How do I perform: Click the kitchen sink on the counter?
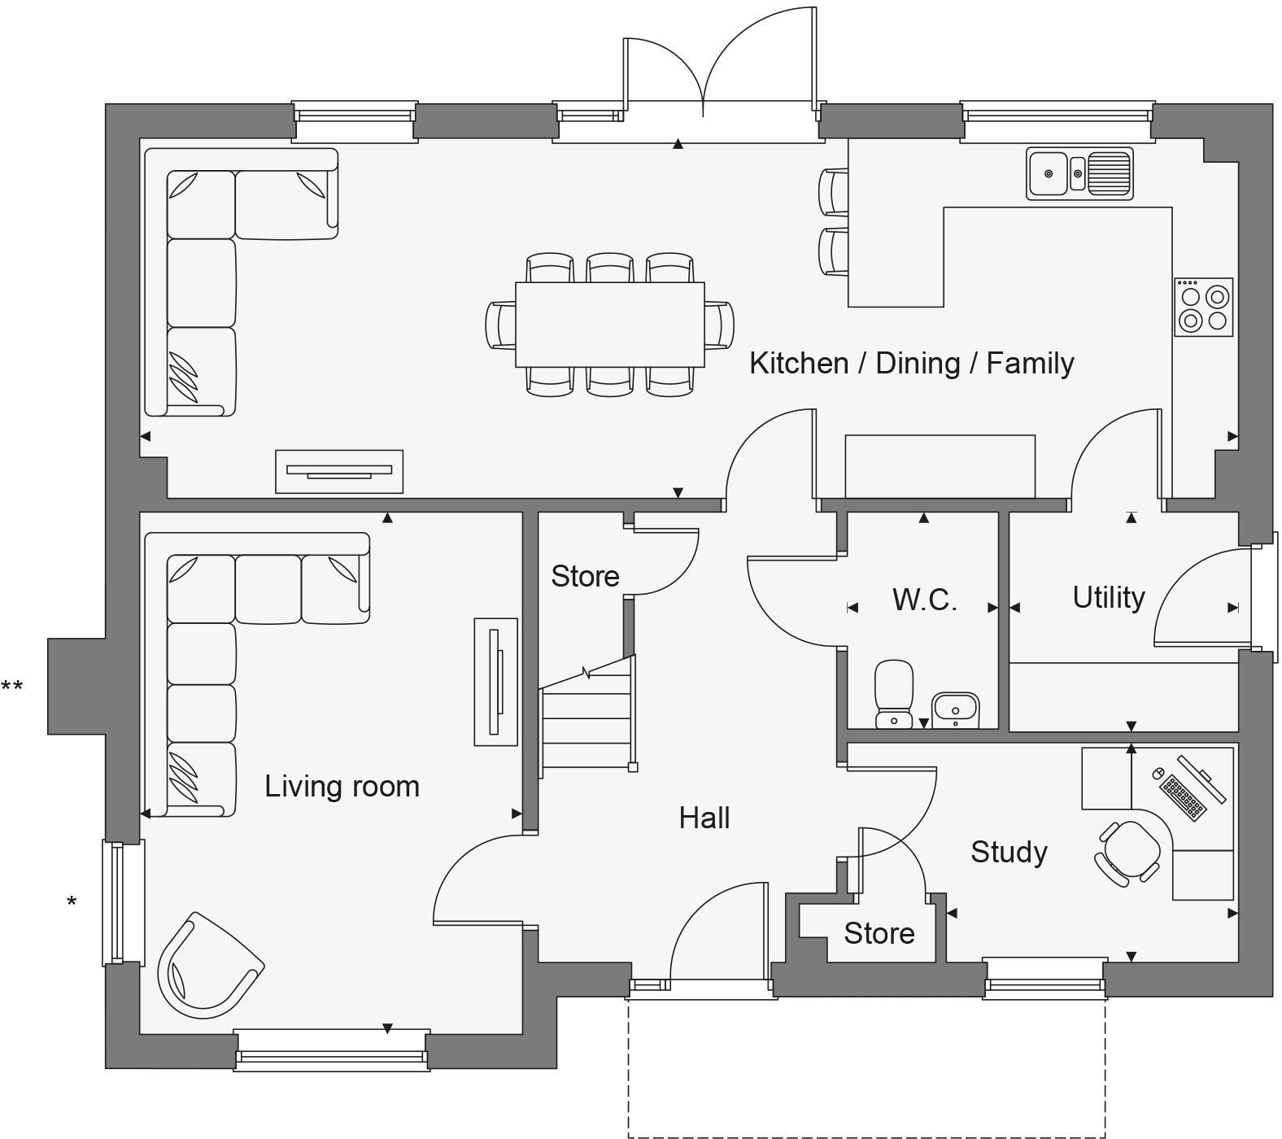[1079, 172]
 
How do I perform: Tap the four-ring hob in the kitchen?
[1203, 308]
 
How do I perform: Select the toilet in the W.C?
[894, 693]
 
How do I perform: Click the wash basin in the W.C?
[955, 709]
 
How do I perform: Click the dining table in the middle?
[609, 325]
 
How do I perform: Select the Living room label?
[342, 787]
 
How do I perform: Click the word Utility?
[1108, 597]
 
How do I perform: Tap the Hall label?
[704, 818]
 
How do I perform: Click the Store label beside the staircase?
[584, 576]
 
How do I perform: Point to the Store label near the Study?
[879, 933]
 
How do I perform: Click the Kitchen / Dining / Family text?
[911, 363]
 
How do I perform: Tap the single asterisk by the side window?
[72, 902]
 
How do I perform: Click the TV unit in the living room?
[495, 682]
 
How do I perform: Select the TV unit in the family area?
[338, 471]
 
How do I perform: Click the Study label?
[1009, 852]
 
